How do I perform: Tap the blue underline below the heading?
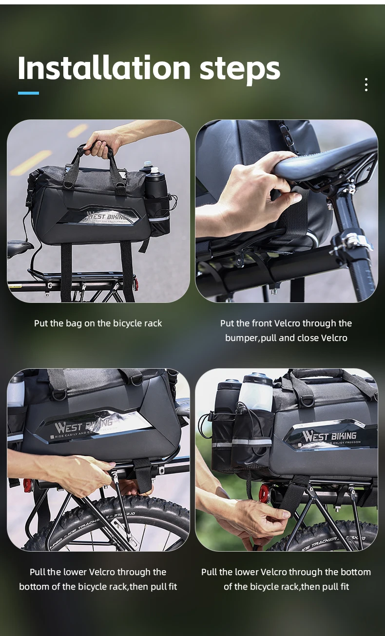point(28,93)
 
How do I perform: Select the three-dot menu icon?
point(366,84)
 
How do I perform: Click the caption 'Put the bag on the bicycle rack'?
point(98,323)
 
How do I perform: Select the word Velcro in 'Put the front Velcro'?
point(287,323)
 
